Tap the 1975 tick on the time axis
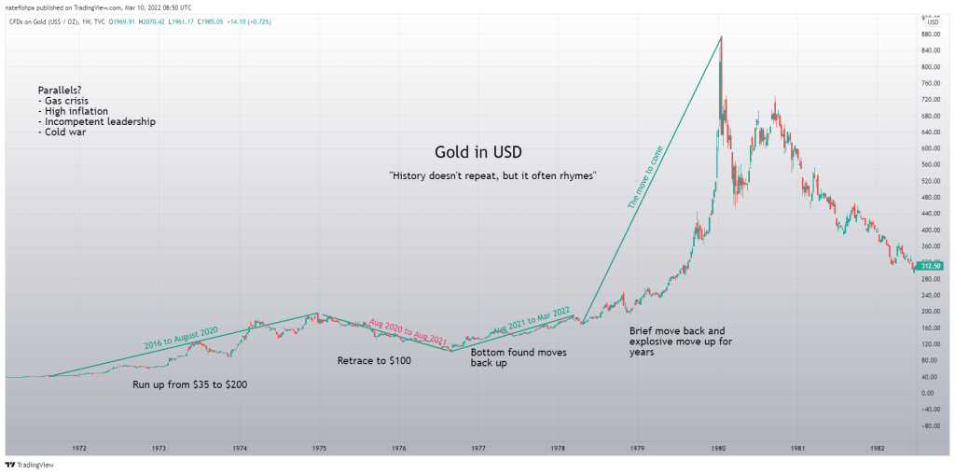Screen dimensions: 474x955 [x=319, y=447]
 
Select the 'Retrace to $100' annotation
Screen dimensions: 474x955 [x=372, y=360]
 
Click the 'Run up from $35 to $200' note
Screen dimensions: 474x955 [x=190, y=384]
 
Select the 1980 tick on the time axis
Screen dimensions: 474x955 [x=719, y=447]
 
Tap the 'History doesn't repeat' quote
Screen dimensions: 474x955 [x=492, y=175]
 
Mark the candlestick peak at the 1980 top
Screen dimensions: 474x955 [x=721, y=37]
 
